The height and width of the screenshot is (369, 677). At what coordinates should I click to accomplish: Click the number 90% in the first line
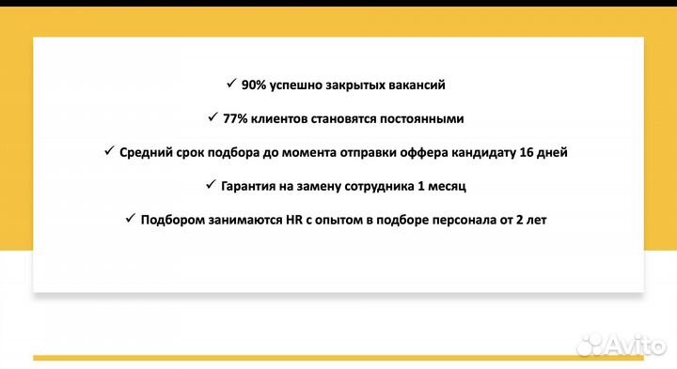(x=254, y=85)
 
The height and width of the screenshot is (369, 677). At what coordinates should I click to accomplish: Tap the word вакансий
(x=414, y=85)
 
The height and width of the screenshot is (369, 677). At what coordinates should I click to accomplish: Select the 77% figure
(x=236, y=118)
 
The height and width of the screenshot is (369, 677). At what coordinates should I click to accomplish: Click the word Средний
(x=146, y=152)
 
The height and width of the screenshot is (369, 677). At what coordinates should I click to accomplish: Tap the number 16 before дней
(x=529, y=152)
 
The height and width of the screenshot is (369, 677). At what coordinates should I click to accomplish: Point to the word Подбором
(x=173, y=220)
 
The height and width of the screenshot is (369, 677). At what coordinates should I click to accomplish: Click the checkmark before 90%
(x=231, y=84)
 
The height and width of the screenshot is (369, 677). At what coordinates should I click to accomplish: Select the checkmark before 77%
(x=213, y=117)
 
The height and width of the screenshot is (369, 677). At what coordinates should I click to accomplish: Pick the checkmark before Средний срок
(x=109, y=151)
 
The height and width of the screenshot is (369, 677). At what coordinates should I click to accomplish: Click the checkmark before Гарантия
(x=212, y=185)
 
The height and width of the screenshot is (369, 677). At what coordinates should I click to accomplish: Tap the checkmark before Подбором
(x=131, y=219)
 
